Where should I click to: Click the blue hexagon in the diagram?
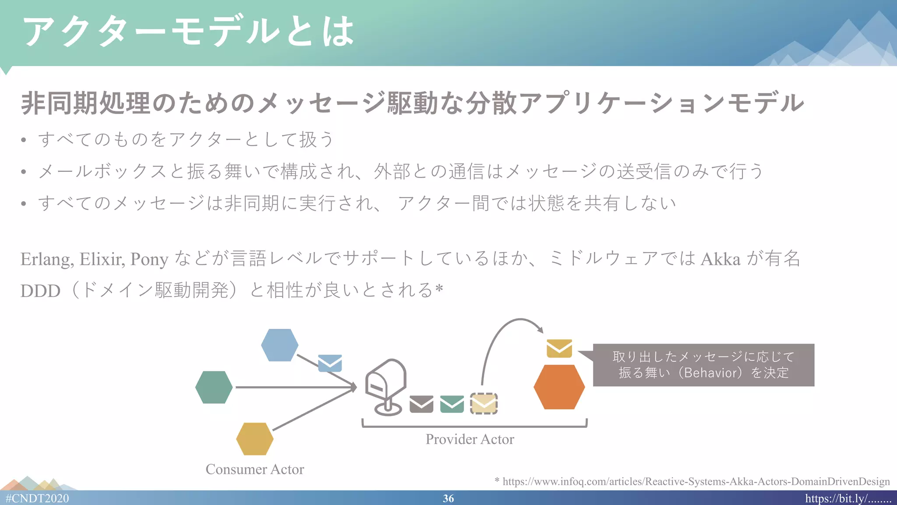point(279,345)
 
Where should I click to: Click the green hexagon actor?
point(214,387)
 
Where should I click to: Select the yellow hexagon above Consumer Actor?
point(254,438)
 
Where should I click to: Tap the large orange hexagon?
point(559,387)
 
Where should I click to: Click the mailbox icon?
point(386,387)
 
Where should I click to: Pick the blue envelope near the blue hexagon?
point(330,363)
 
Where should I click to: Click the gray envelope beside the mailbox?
point(421,404)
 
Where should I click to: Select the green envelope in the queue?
point(452,404)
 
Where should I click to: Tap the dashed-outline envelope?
point(484,404)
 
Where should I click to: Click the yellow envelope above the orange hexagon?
point(559,348)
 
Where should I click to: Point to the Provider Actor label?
point(470,439)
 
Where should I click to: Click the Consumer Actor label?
point(254,469)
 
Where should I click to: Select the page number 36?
point(448,498)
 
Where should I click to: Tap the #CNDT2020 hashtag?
point(37,498)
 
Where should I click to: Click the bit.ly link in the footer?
point(848,498)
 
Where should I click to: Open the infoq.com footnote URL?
point(696,481)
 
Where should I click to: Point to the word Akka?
point(720,259)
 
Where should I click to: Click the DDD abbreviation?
point(40,291)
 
